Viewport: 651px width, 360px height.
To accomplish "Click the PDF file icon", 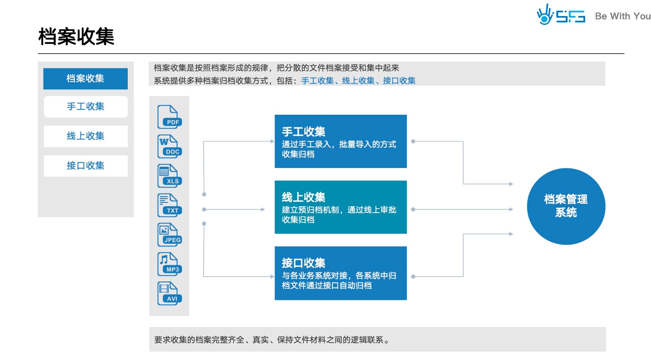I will tap(169, 117).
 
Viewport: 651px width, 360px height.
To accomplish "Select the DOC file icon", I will tap(169, 146).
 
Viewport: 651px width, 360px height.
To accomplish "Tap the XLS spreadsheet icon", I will tap(169, 176).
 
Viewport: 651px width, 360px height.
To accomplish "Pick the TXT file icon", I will tap(169, 205).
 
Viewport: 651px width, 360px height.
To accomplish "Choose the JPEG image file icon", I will tap(169, 235).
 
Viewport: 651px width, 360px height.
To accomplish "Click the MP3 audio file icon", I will tap(169, 264).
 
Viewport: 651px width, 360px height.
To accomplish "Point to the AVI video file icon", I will tap(169, 293).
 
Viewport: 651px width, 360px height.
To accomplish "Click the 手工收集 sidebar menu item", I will tap(85, 107).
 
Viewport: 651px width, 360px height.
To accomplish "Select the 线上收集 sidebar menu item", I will tap(85, 136).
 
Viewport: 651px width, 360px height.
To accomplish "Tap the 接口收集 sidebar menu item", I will tap(85, 166).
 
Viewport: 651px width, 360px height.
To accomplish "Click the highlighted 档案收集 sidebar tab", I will tap(85, 79).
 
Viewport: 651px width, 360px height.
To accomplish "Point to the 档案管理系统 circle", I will tap(566, 206).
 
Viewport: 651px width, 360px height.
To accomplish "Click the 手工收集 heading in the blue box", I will tap(304, 132).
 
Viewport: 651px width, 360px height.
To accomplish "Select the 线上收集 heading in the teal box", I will tap(304, 197).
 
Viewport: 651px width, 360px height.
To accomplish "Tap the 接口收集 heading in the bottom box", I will tap(304, 263).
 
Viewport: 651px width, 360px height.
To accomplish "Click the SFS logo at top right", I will tap(561, 15).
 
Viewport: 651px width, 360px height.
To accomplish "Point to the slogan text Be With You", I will tap(623, 16).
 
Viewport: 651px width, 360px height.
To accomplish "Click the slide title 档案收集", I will tap(76, 37).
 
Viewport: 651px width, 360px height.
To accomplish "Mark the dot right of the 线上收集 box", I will tap(413, 209).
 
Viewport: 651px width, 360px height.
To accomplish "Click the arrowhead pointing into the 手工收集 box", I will tap(272, 141).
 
